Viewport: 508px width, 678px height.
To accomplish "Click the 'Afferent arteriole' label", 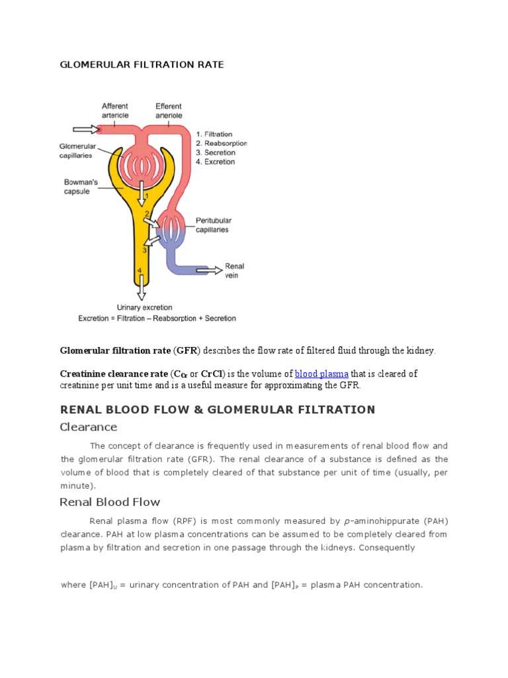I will [x=114, y=110].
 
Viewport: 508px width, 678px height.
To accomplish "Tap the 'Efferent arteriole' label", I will [x=169, y=110].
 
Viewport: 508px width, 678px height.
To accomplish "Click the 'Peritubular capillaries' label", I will [x=212, y=225].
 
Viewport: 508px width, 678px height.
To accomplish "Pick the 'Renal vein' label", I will [x=235, y=270].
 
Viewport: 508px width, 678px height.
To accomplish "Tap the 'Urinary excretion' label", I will [x=144, y=307].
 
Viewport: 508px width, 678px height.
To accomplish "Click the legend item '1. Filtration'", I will [x=215, y=133].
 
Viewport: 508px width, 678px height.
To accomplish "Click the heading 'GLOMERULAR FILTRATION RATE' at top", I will [x=142, y=65].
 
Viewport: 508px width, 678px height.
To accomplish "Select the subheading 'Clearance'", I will [x=89, y=427].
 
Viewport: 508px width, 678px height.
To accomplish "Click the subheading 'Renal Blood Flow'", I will [x=110, y=502].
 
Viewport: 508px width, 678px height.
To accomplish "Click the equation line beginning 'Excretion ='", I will [x=157, y=318].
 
